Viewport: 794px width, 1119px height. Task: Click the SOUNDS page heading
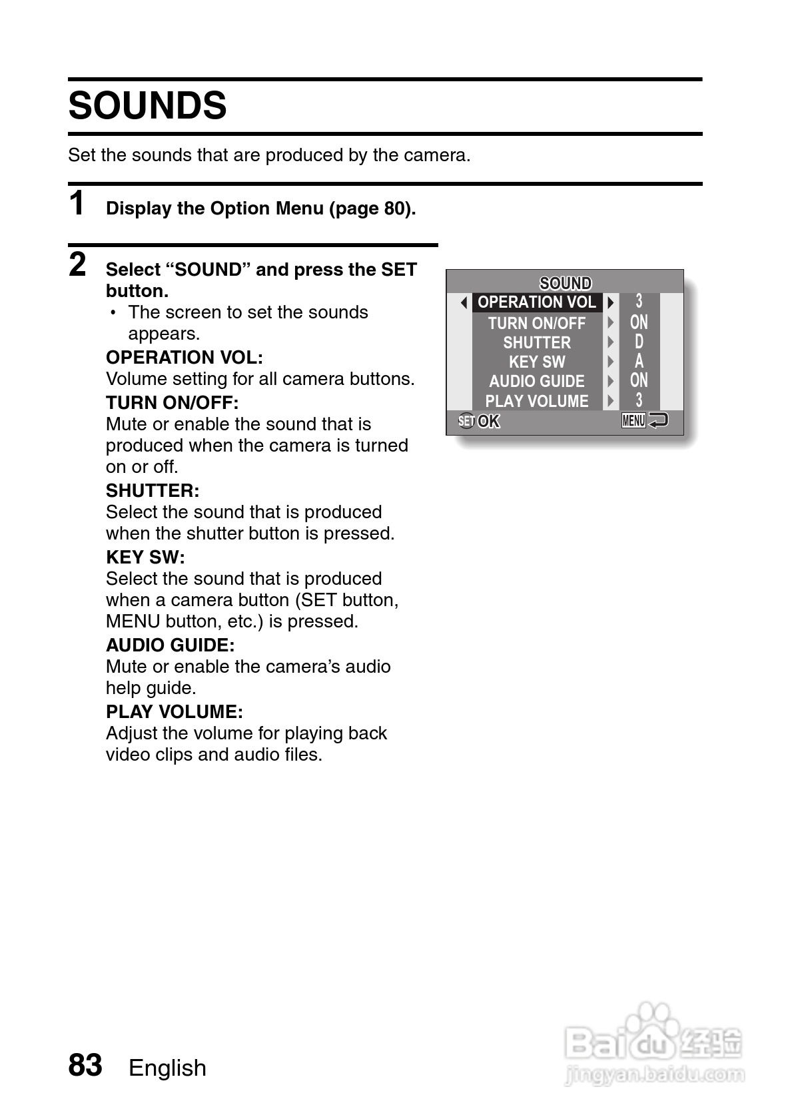coord(147,106)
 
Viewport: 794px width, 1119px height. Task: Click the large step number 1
coord(77,203)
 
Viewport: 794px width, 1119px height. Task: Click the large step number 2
coord(77,264)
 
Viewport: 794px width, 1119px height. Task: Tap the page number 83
coord(85,1064)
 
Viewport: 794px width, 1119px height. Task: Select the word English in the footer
coord(167,1068)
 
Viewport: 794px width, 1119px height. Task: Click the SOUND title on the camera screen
coord(565,283)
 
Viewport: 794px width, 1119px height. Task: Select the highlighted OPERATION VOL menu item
coord(537,302)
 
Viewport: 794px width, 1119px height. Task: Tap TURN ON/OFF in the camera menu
coord(536,323)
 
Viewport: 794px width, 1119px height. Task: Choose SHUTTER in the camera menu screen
coord(537,342)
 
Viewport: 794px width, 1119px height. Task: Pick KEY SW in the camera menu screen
coord(537,362)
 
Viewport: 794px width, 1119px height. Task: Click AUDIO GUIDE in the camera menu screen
coord(537,381)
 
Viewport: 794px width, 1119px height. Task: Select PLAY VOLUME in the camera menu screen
coord(537,401)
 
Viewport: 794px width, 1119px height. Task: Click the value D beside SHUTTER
coord(639,342)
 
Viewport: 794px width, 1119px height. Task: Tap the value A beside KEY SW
coord(639,361)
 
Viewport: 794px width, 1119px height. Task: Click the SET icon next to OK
coord(466,421)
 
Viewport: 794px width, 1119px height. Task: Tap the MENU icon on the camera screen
coord(633,420)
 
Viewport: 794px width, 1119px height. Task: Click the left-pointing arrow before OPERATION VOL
coord(464,303)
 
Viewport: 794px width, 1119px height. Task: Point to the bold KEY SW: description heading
coord(145,557)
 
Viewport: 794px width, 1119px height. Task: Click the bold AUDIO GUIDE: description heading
coord(170,645)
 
